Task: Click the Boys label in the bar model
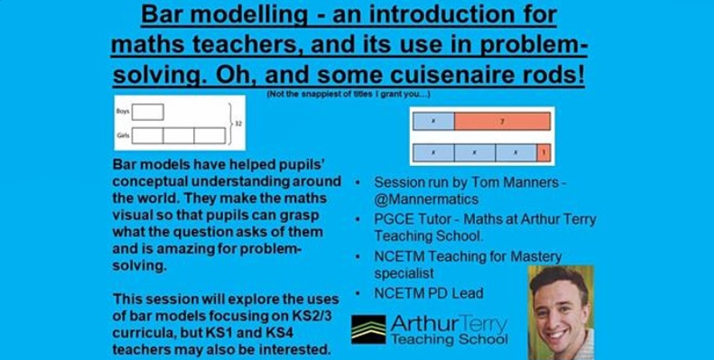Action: (x=124, y=114)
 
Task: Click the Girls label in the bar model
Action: (x=124, y=136)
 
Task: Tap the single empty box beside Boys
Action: (x=148, y=114)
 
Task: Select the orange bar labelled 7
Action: (x=501, y=121)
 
